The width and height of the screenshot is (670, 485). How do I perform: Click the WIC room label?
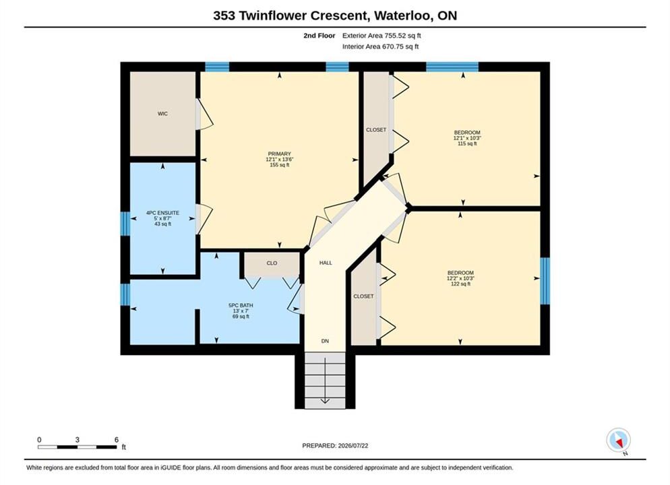[x=162, y=114]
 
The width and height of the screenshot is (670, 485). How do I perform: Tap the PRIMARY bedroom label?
[x=280, y=154]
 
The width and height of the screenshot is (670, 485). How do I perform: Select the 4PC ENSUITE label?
[x=163, y=213]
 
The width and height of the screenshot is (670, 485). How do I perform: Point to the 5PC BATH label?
[x=241, y=305]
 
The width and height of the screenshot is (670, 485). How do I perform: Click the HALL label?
[x=326, y=263]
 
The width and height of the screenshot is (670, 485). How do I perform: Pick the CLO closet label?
[x=272, y=263]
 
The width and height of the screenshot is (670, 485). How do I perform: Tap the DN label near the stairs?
[x=325, y=341]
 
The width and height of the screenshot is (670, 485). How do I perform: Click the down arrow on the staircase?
[x=325, y=381]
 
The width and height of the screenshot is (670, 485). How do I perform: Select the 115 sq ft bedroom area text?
[x=467, y=144]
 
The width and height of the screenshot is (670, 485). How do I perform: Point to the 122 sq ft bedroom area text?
[x=460, y=284]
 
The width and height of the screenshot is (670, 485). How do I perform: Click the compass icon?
[x=618, y=440]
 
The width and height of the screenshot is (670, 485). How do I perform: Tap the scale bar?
[x=77, y=447]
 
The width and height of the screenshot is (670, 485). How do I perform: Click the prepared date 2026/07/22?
[x=353, y=446]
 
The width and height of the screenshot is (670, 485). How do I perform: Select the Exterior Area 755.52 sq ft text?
[x=382, y=36]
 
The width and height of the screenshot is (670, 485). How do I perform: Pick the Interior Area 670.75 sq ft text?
[x=380, y=46]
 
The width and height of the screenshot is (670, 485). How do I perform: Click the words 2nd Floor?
[x=319, y=36]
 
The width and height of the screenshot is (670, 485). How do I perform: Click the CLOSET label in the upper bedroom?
[x=376, y=130]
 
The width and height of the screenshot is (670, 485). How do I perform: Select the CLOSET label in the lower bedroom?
[x=363, y=296]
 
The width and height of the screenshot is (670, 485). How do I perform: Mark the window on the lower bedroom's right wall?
[x=545, y=280]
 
